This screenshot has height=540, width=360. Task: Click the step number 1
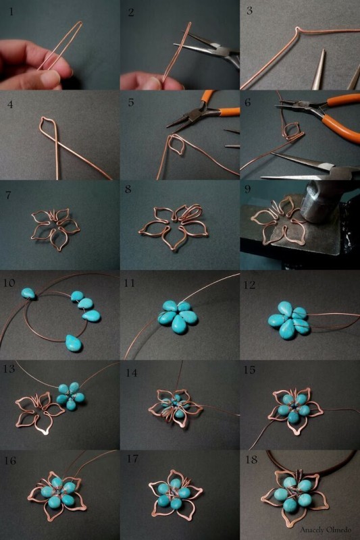click(11, 12)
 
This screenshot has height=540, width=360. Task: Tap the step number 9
click(247, 189)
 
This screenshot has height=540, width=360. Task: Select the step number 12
click(250, 285)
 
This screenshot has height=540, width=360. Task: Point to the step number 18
click(251, 460)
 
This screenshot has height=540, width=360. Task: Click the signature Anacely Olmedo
click(326, 530)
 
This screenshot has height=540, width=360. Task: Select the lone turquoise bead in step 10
click(28, 294)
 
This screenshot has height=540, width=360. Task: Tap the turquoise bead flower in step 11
click(178, 316)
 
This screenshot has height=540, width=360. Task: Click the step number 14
click(131, 373)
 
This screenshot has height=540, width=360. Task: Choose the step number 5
click(131, 103)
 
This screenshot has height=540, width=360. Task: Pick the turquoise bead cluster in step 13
click(71, 396)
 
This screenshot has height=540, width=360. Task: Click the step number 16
click(10, 460)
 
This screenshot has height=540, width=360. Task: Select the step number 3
click(250, 11)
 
